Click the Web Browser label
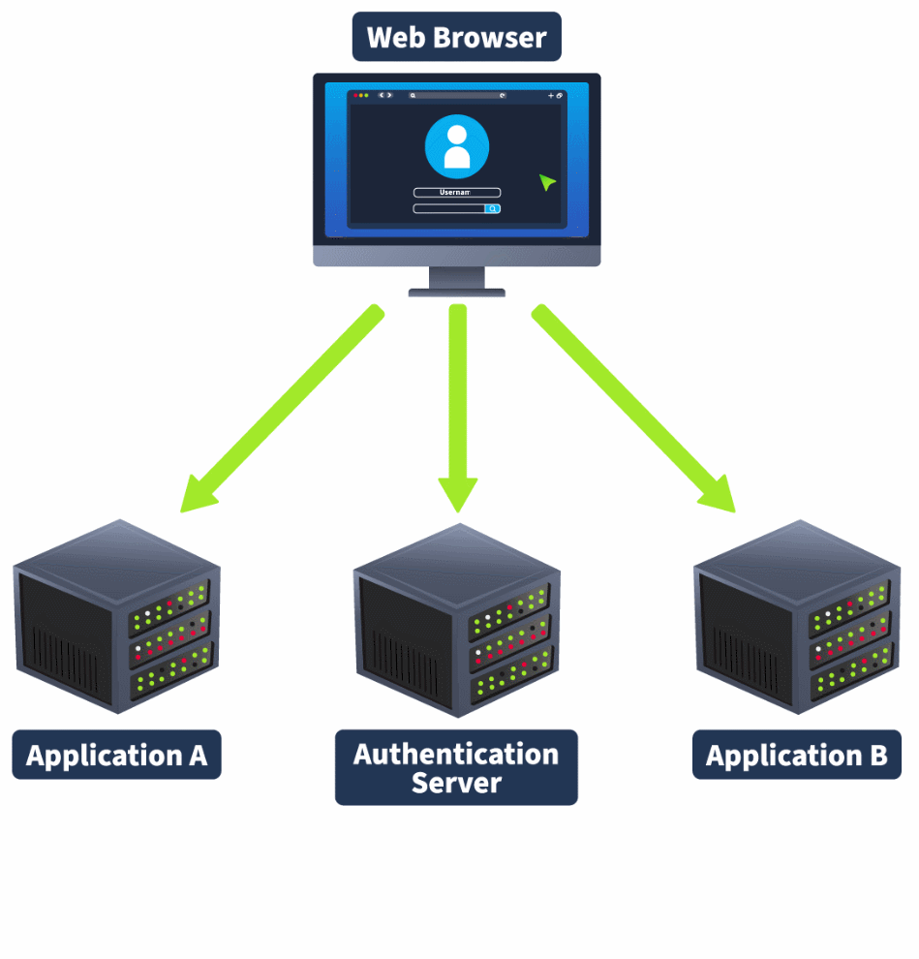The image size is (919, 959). click(456, 38)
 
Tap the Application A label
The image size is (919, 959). click(116, 756)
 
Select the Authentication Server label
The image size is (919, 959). click(456, 767)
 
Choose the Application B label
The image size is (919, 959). click(796, 756)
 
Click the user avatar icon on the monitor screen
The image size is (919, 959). click(456, 147)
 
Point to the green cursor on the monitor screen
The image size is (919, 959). click(547, 182)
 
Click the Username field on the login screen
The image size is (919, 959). click(456, 193)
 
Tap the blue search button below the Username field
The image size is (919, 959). click(492, 208)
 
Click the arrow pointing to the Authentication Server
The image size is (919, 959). click(457, 407)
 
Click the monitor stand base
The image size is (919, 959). click(456, 291)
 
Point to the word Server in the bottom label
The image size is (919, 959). click(456, 783)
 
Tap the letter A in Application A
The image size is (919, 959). click(197, 756)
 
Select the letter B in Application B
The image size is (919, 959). click(877, 756)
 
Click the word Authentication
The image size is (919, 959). click(456, 754)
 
